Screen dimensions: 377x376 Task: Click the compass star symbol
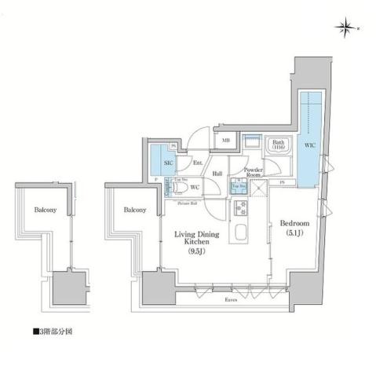346,30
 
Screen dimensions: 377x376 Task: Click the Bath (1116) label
279,145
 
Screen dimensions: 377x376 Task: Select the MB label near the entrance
225,141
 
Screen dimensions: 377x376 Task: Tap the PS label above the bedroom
281,183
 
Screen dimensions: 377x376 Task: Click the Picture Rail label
187,203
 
